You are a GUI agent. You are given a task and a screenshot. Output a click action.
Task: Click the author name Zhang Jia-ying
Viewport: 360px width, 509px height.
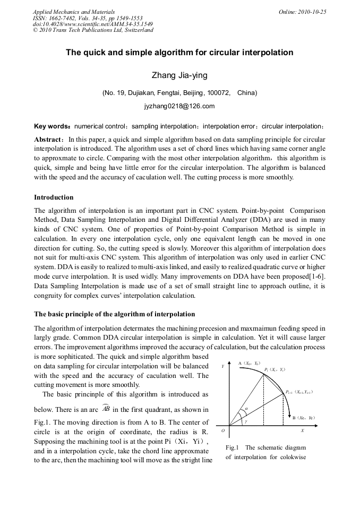[x=179, y=75]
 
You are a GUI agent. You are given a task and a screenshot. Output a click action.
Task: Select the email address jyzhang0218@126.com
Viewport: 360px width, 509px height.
[x=179, y=106]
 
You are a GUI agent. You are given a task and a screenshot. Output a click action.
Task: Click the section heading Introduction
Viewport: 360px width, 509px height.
[x=54, y=197]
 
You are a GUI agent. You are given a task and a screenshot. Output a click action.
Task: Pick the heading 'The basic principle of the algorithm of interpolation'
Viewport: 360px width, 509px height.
[x=114, y=314]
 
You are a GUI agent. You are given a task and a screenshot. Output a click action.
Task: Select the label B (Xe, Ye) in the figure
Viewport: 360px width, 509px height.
[x=304, y=418]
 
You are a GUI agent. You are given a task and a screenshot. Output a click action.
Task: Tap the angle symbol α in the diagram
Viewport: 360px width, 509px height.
[x=246, y=409]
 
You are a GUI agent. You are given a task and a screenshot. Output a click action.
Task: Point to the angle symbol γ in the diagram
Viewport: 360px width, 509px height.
[x=246, y=422]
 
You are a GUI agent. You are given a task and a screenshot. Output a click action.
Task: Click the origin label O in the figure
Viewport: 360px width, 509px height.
[x=223, y=430]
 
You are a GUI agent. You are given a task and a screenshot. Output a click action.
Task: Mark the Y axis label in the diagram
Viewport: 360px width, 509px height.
[x=223, y=366]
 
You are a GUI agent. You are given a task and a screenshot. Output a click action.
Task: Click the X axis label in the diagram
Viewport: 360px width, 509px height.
[x=302, y=430]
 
